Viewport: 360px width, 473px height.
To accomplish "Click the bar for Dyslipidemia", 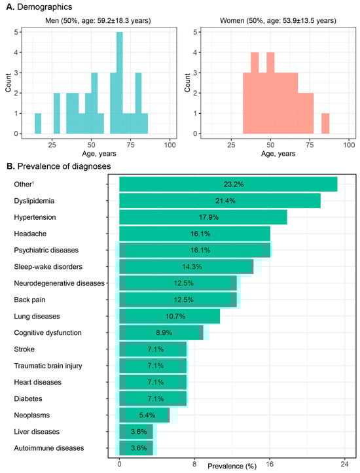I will [219, 201].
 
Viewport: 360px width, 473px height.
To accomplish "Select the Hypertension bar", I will [203, 217].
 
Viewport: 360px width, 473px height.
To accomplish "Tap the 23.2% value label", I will [228, 184].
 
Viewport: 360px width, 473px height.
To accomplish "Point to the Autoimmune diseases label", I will [49, 448].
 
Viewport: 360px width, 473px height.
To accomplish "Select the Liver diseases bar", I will [136, 432].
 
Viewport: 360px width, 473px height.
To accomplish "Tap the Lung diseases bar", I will [170, 316].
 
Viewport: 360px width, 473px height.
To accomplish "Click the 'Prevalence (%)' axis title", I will [232, 466].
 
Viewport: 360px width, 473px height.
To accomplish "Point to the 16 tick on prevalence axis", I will [270, 463].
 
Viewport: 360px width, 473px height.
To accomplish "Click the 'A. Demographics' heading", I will [38, 7].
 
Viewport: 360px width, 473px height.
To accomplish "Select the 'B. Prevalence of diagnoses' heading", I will [60, 166].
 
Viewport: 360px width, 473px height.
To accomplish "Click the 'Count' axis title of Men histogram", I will [8, 84].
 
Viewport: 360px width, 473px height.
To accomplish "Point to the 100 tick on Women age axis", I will [350, 144].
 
